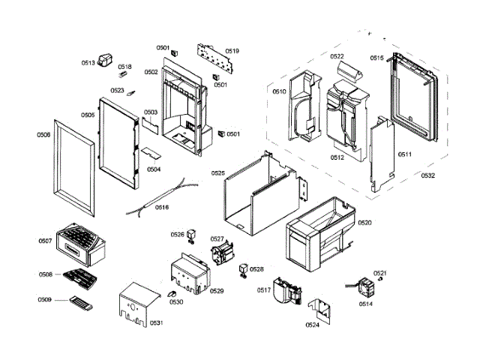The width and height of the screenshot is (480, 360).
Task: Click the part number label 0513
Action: click(88, 63)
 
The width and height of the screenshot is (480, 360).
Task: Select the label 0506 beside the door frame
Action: click(43, 135)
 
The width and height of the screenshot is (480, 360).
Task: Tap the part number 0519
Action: click(232, 51)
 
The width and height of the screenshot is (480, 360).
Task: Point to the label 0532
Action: click(427, 176)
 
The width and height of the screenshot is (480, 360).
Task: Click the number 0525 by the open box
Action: click(217, 173)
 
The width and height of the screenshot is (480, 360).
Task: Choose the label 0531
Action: click(156, 322)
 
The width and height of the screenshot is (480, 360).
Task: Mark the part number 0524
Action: click(312, 325)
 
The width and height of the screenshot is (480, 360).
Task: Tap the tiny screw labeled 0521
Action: click(382, 280)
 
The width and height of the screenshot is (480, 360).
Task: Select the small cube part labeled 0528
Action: click(243, 268)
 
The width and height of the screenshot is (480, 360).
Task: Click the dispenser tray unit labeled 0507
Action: click(81, 242)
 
